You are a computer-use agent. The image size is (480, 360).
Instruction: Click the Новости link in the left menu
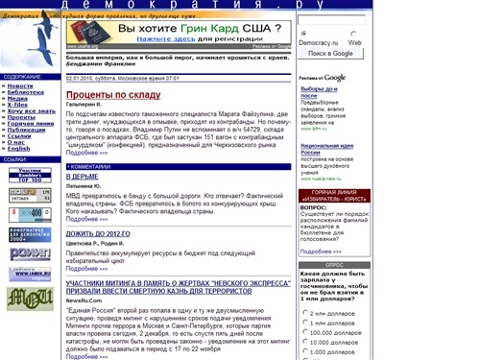click(x=20, y=86)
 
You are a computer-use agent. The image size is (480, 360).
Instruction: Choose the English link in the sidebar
click(x=19, y=148)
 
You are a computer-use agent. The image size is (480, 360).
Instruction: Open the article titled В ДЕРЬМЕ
click(x=82, y=177)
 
